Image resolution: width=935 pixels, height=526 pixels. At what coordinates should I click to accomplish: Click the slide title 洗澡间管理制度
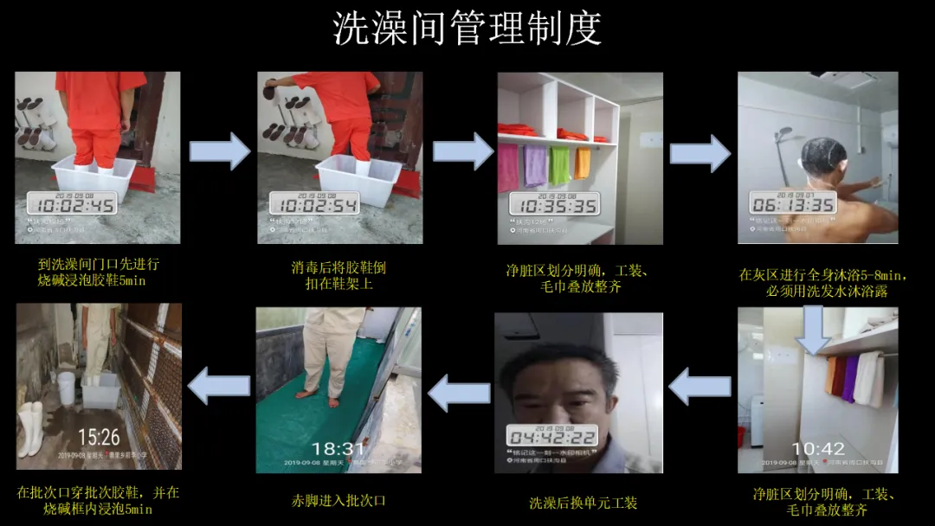pos(467,29)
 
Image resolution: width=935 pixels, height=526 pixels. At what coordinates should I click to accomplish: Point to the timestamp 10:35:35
pos(553,205)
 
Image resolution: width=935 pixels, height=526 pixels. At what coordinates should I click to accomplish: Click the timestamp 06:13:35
pos(793,203)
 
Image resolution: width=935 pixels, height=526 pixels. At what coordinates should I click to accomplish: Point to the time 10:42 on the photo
pos(818,448)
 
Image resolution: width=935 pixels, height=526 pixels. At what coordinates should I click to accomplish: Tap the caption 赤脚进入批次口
pos(339,501)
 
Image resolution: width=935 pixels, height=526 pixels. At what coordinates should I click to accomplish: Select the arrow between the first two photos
pos(219,152)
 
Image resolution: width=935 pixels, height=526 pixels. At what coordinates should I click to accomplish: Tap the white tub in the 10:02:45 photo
pos(93,178)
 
